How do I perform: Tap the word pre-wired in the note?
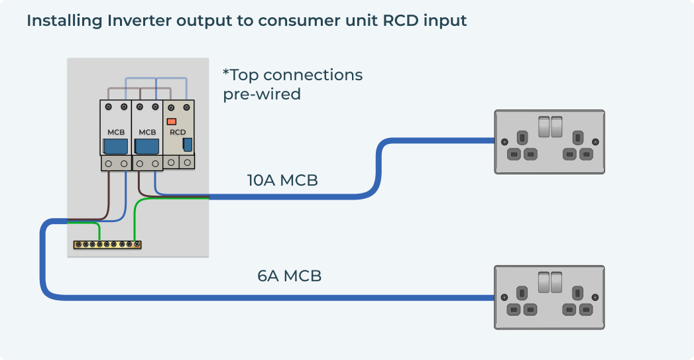[262, 94]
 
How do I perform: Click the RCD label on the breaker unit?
[178, 132]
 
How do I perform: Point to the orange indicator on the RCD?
[171, 121]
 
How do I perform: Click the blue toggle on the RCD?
[188, 145]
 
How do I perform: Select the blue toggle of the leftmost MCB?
[116, 146]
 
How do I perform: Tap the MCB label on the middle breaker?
[147, 132]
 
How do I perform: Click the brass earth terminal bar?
[107, 245]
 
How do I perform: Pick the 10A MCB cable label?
[282, 180]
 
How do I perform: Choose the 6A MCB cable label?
[289, 276]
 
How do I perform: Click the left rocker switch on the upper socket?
[544, 126]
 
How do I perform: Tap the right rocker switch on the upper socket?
[557, 126]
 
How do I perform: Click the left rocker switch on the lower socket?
[544, 282]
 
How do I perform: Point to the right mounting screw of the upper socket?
[595, 141]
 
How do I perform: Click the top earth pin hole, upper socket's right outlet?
[577, 138]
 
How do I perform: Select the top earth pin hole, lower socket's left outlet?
[522, 294]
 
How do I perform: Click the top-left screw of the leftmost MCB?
[108, 106]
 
